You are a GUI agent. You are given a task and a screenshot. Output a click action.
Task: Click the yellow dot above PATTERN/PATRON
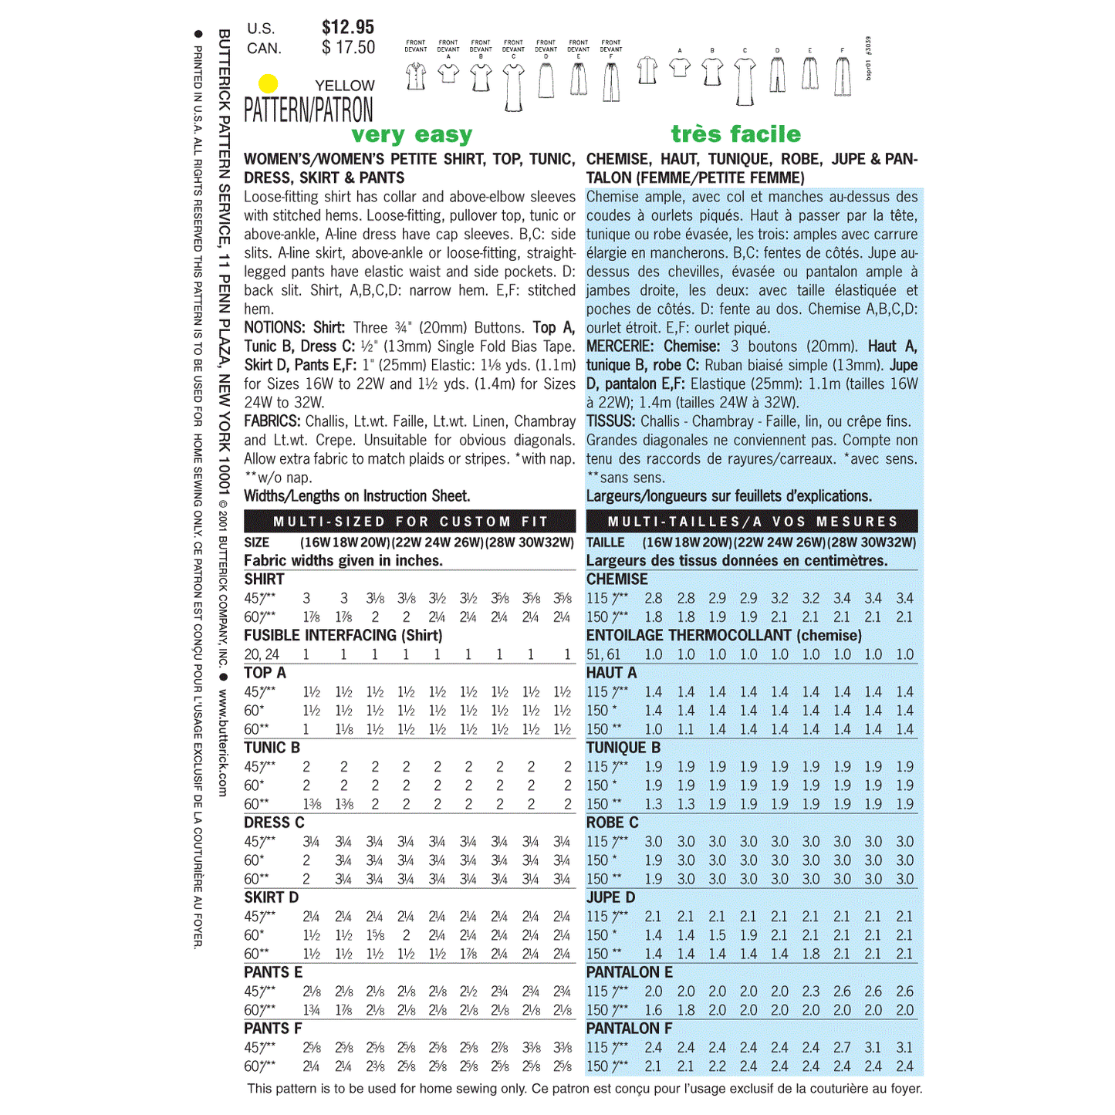(x=268, y=83)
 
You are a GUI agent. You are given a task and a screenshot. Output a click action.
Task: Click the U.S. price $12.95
(x=348, y=28)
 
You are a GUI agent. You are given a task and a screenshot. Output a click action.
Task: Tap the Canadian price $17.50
(x=349, y=48)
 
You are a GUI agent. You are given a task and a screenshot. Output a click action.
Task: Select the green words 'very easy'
(x=411, y=135)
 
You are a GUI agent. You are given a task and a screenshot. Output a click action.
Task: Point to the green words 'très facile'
(x=735, y=134)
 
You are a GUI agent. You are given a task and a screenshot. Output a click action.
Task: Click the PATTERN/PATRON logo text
(x=309, y=110)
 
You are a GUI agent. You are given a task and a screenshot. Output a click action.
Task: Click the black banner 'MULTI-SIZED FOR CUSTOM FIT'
(x=410, y=522)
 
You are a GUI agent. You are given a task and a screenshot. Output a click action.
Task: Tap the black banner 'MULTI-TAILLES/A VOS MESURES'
(x=752, y=522)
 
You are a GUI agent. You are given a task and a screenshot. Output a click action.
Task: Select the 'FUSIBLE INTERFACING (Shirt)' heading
(x=343, y=635)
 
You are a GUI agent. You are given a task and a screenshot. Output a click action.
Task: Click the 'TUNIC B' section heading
(x=272, y=748)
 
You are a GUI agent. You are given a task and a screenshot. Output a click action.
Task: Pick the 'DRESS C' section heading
(x=274, y=823)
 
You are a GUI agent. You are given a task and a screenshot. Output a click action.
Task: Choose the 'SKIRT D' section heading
(x=271, y=897)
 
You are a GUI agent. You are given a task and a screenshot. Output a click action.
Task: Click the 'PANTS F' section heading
(x=272, y=1029)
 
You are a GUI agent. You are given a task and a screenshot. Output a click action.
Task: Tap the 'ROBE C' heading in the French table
(x=612, y=823)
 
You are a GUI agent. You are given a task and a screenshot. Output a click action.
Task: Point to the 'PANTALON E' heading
(x=629, y=972)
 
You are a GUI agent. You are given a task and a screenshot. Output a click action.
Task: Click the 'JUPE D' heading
(x=610, y=897)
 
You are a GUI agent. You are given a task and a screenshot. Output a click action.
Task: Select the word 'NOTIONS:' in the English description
(x=275, y=328)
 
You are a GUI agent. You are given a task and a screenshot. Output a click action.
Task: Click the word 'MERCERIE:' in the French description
(x=620, y=346)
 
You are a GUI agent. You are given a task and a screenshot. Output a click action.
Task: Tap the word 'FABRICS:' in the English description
(x=272, y=421)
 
